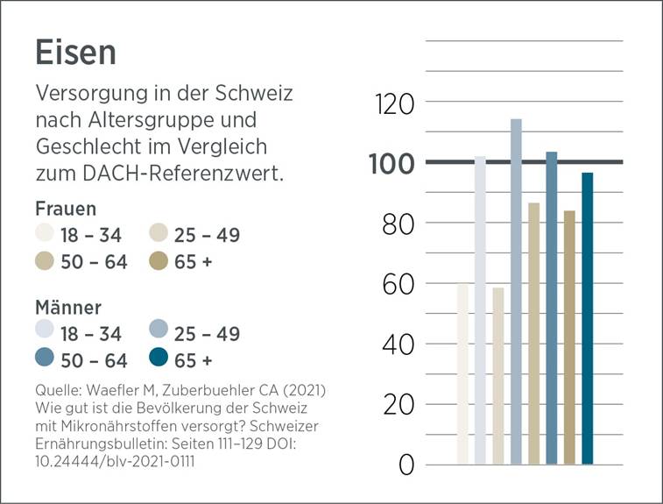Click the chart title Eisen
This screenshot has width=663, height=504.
pyautogui.click(x=75, y=53)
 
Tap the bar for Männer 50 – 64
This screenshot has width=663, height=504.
pyautogui.click(x=551, y=308)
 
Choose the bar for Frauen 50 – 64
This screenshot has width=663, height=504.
pyautogui.click(x=533, y=333)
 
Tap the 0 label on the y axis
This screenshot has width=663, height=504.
pyautogui.click(x=406, y=465)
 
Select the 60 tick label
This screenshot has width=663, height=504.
pyautogui.click(x=394, y=284)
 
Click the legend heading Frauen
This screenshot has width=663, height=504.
pyautogui.click(x=66, y=209)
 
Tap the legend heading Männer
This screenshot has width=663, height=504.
pyautogui.click(x=68, y=308)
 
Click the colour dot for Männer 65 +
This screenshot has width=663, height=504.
pyautogui.click(x=159, y=359)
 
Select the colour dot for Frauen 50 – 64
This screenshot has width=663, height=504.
pyautogui.click(x=46, y=261)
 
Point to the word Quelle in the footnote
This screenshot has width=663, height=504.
pyautogui.click(x=57, y=388)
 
